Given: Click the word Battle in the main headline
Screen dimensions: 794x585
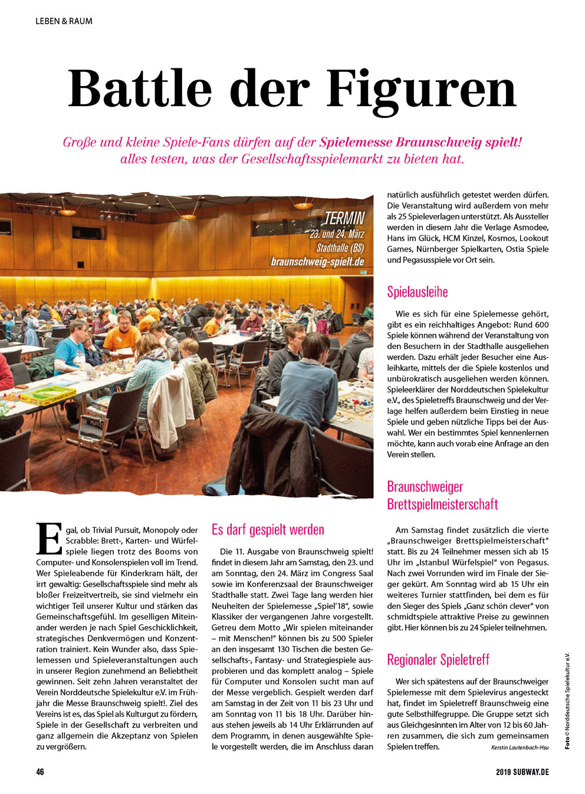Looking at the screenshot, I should pyautogui.click(x=140, y=88).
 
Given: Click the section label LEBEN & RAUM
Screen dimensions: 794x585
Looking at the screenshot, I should pyautogui.click(x=64, y=21).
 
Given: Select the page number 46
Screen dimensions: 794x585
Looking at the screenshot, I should pyautogui.click(x=40, y=772).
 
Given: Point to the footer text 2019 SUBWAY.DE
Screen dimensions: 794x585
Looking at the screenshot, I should pyautogui.click(x=522, y=772).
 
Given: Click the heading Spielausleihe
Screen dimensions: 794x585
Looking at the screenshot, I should pyautogui.click(x=418, y=292).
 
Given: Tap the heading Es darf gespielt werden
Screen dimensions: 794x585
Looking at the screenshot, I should pyautogui.click(x=268, y=529).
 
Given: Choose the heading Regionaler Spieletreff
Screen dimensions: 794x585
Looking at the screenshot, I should pyautogui.click(x=438, y=659).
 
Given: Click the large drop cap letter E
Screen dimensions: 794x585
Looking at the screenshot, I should pyautogui.click(x=49, y=538).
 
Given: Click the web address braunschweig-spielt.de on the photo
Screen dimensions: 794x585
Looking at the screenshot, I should pyautogui.click(x=317, y=261).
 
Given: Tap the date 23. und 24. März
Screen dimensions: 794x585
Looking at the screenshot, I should pyautogui.click(x=337, y=234).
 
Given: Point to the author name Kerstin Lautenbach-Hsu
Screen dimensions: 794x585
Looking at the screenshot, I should pyautogui.click(x=520, y=747).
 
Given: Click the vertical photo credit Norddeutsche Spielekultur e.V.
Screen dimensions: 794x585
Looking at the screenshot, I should pyautogui.click(x=567, y=696).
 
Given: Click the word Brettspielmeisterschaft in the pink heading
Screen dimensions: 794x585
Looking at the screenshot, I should pyautogui.click(x=442, y=504).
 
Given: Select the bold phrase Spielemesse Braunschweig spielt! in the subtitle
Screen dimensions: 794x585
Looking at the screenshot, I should pyautogui.click(x=420, y=142).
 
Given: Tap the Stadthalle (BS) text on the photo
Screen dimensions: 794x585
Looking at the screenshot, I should pyautogui.click(x=340, y=247).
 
